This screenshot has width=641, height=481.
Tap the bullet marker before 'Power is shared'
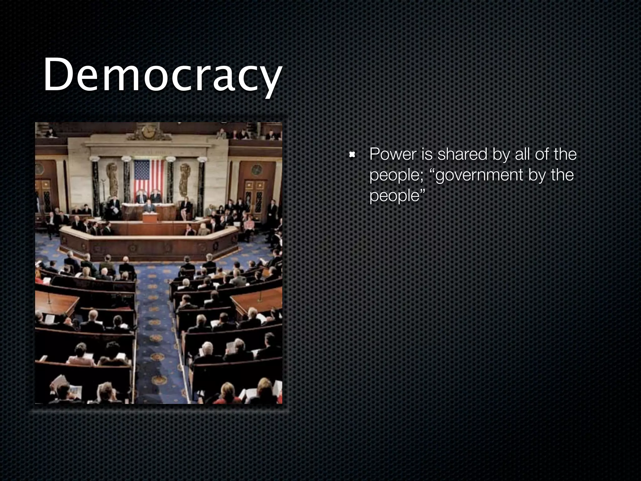(352, 154)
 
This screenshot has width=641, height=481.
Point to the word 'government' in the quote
(479, 175)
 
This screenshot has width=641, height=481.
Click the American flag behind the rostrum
(149, 177)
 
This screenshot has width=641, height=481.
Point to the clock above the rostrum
(148, 132)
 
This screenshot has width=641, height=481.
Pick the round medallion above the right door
(257, 169)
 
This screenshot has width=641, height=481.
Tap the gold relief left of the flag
(112, 178)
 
